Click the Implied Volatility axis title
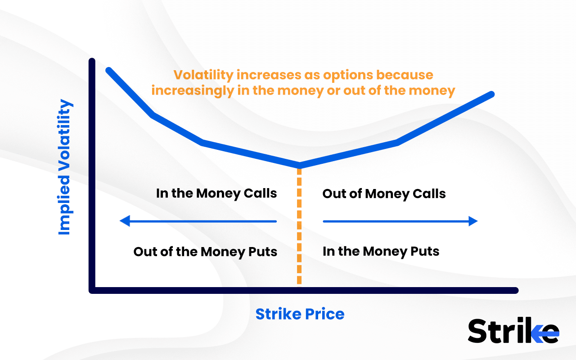click(x=65, y=167)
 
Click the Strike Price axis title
click(x=300, y=314)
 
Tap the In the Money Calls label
click(x=216, y=193)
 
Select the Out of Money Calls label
click(x=384, y=194)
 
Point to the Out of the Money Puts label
click(x=205, y=251)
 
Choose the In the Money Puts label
click(x=381, y=251)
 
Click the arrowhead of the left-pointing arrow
click(x=124, y=221)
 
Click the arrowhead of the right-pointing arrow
click(x=472, y=221)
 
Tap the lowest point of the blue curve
click(x=299, y=166)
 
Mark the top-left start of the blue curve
click(x=108, y=70)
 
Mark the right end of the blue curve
click(x=491, y=94)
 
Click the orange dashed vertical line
click(x=299, y=225)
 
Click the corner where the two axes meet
click(x=92, y=290)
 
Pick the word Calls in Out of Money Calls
click(x=427, y=194)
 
